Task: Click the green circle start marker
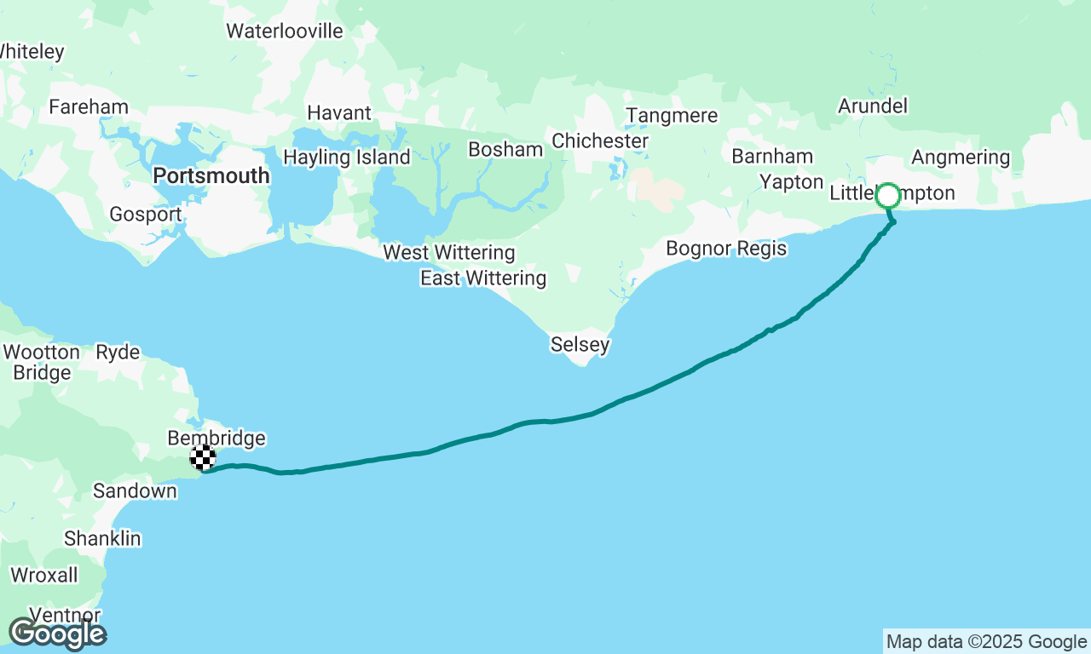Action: pos(888,196)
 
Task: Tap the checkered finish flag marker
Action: pos(203,458)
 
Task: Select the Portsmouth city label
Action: pos(211,176)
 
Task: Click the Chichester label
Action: pos(600,141)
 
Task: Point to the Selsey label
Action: pos(580,345)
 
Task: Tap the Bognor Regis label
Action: pos(726,249)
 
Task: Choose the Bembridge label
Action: pos(216,439)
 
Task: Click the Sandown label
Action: pos(135,490)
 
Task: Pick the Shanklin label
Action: pos(102,539)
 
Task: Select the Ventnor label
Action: pos(65,615)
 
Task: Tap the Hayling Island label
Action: pos(347,158)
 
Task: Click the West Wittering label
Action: pos(449,253)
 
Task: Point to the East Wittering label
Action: pos(483,278)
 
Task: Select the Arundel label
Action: pos(873,106)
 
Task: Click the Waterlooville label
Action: pos(285,32)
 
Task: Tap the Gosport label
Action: pos(146,215)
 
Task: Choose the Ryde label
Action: pos(118,352)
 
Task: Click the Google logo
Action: pos(58,634)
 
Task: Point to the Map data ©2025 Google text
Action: pos(986,642)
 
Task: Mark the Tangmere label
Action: pos(672,116)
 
